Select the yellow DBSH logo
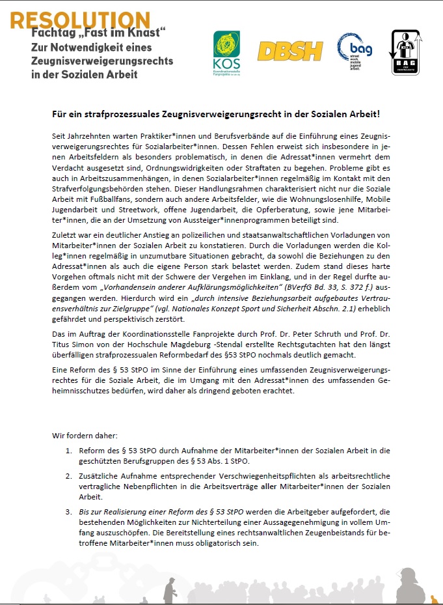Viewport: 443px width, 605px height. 290,51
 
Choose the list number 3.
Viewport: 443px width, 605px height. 68,513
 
